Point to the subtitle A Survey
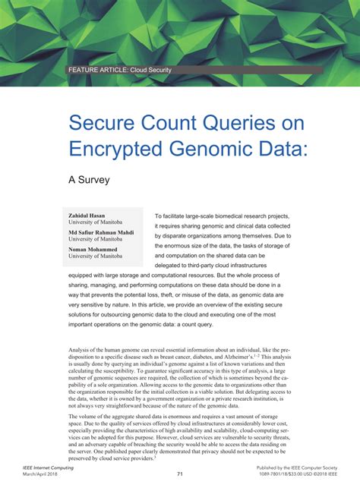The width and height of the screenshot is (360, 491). coord(90,181)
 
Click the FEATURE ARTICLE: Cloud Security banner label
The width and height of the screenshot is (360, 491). coord(120,70)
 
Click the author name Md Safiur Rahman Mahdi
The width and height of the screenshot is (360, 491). coord(102,232)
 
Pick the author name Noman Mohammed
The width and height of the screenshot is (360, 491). coord(93,249)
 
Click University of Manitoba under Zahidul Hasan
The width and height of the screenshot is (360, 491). coord(95,223)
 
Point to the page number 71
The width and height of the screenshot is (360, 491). coord(180,474)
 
